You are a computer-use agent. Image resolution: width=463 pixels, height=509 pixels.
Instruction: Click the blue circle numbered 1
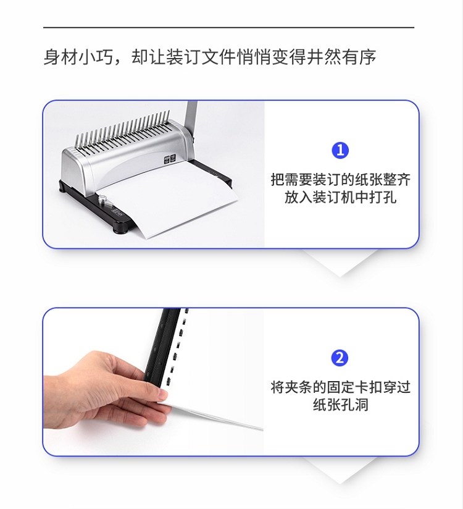[340, 150]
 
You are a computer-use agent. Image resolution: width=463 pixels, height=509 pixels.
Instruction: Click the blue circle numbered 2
[340, 358]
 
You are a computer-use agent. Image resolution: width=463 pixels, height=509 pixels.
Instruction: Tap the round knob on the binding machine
[103, 199]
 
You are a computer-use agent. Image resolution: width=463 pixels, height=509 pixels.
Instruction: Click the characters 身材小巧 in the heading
[78, 57]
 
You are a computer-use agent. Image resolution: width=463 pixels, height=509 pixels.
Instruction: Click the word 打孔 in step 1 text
[383, 197]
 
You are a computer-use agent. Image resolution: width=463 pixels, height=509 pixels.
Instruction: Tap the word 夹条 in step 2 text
[299, 387]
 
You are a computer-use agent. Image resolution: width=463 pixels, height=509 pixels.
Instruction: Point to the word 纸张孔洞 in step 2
[340, 405]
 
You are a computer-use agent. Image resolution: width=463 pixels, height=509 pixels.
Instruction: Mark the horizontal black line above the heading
[229, 28]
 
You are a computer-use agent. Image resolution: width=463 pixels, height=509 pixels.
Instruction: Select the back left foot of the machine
[62, 188]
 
